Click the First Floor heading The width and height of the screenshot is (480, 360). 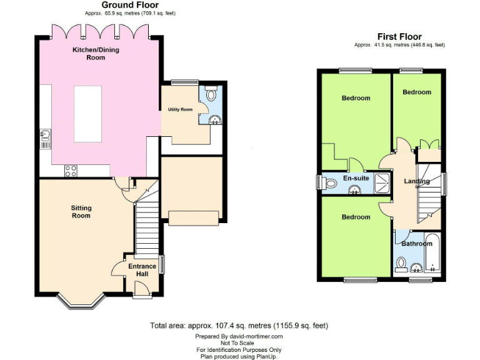399,37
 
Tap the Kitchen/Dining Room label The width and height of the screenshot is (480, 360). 87,53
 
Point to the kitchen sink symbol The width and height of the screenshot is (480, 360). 46,134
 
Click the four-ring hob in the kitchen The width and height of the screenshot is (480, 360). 71,169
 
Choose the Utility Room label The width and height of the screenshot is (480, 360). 180,109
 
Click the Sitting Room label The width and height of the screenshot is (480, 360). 81,211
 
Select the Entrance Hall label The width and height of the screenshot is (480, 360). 142,270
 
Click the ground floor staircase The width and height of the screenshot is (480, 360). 146,222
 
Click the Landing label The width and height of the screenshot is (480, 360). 417,182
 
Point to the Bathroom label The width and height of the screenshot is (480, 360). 417,244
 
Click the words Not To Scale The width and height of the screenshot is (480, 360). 239,343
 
